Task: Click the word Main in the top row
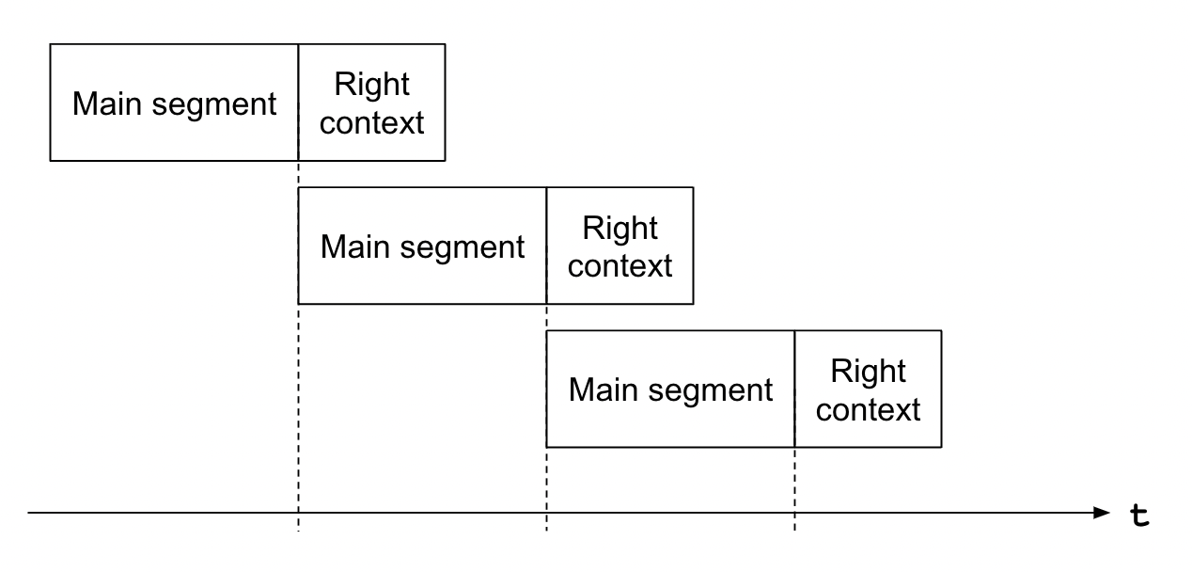(x=107, y=103)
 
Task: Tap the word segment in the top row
(x=214, y=105)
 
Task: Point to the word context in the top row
(x=371, y=123)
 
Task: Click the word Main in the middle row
(x=355, y=246)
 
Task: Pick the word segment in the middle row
(x=462, y=248)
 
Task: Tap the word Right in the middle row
(x=620, y=229)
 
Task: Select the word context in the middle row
(x=620, y=266)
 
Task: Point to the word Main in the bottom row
(x=603, y=389)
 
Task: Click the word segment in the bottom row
(x=710, y=392)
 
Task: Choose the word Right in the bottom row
(x=868, y=372)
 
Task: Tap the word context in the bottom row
(x=868, y=409)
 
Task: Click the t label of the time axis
(x=1139, y=516)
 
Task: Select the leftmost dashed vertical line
(x=299, y=346)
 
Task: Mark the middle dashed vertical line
(x=546, y=418)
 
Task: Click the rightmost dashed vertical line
(x=794, y=489)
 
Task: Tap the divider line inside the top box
(x=299, y=103)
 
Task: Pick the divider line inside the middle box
(x=546, y=246)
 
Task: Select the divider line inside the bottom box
(x=794, y=389)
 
